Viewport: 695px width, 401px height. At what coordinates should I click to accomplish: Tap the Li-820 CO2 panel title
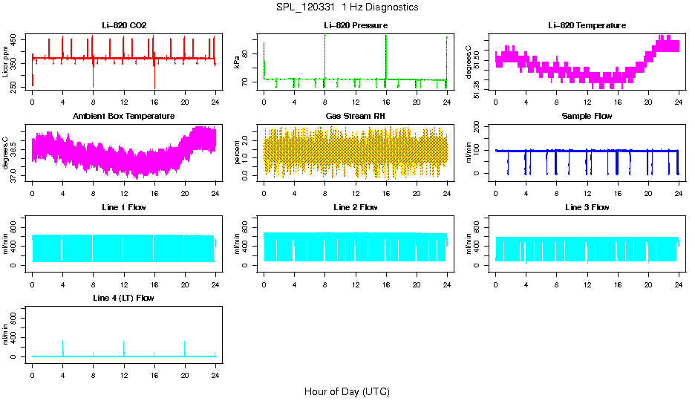124,26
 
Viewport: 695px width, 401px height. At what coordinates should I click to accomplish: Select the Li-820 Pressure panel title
356,26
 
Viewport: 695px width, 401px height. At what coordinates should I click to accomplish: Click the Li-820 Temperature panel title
587,26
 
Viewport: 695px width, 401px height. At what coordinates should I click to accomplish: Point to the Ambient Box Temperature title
124,117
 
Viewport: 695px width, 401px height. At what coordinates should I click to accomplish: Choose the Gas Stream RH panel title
356,117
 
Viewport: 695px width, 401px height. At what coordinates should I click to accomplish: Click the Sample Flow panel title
587,117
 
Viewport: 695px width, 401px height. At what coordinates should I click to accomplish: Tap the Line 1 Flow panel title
124,207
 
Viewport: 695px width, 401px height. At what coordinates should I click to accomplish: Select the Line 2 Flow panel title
356,207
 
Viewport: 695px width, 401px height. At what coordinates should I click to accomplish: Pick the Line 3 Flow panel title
587,207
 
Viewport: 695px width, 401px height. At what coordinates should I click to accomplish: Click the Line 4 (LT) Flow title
124,298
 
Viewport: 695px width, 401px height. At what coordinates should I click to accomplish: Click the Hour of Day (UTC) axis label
347,391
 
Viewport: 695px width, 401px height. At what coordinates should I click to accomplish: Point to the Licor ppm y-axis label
6,62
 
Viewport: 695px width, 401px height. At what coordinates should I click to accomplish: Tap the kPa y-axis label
238,62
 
